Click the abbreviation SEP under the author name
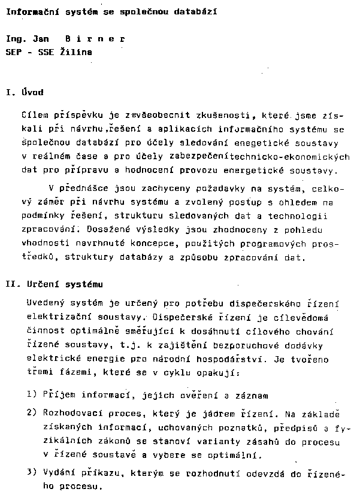[x=13, y=53]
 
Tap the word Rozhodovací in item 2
[x=69, y=413]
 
